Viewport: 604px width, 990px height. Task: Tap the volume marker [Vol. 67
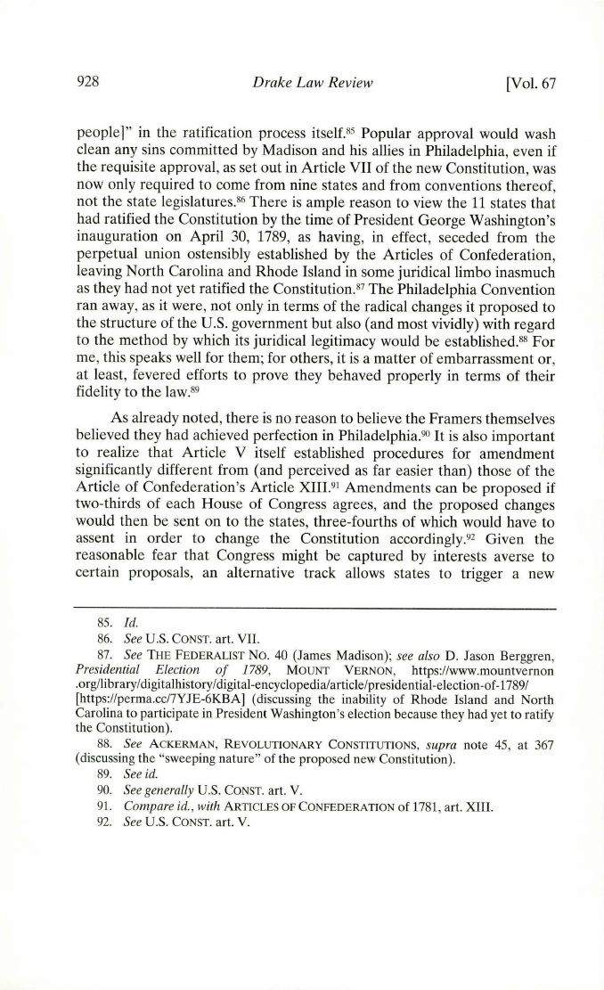pyautogui.click(x=530, y=85)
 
